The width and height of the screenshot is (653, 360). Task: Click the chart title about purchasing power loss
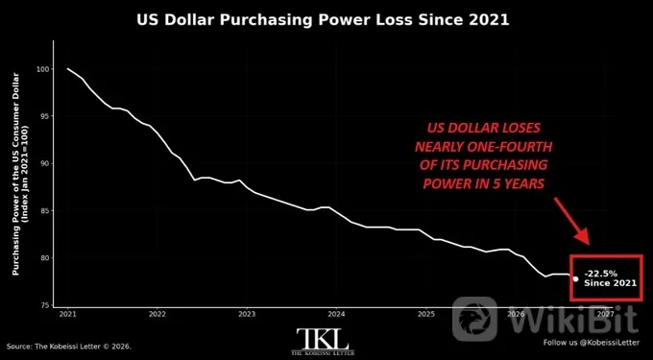[x=323, y=20]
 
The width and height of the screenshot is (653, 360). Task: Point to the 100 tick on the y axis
[x=43, y=69]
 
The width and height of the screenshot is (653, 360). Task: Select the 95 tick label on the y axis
[x=44, y=116]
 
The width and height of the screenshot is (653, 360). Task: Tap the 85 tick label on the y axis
[x=44, y=210]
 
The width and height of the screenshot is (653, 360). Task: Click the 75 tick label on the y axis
[x=44, y=305]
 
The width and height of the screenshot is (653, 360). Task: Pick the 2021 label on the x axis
[x=68, y=314]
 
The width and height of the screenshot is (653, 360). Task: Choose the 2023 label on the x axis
[x=247, y=314]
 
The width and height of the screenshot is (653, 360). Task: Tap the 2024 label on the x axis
[x=336, y=314]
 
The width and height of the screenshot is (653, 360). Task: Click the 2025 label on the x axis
[x=425, y=314]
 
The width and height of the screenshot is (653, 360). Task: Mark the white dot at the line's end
[x=575, y=278]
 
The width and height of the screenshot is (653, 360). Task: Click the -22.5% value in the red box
[x=600, y=274]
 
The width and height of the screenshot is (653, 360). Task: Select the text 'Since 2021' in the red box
[x=610, y=283]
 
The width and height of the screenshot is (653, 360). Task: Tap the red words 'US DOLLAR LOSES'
[x=483, y=128]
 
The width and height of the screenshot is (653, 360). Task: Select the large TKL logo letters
[x=323, y=339]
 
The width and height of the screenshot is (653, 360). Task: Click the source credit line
[x=69, y=347]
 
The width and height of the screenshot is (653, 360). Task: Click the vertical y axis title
[x=19, y=174]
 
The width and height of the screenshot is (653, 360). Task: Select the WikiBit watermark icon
[x=474, y=319]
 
